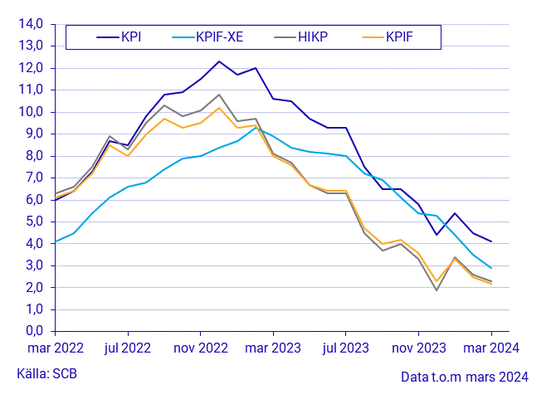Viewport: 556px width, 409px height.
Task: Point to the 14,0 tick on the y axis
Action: (x=29, y=24)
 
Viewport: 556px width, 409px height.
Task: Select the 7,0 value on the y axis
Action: (x=32, y=178)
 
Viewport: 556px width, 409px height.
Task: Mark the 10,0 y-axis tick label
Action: (x=29, y=112)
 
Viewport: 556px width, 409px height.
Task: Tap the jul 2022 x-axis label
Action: (x=126, y=348)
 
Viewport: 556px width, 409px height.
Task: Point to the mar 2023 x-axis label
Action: (x=272, y=348)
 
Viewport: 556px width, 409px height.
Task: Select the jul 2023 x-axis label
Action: (x=346, y=348)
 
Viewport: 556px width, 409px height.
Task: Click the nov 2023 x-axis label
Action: (x=419, y=348)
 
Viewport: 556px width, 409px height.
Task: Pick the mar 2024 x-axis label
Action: (x=491, y=348)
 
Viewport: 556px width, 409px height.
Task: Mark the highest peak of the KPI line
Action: (x=219, y=61)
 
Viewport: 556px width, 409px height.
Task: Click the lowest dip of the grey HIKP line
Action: (x=437, y=290)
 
